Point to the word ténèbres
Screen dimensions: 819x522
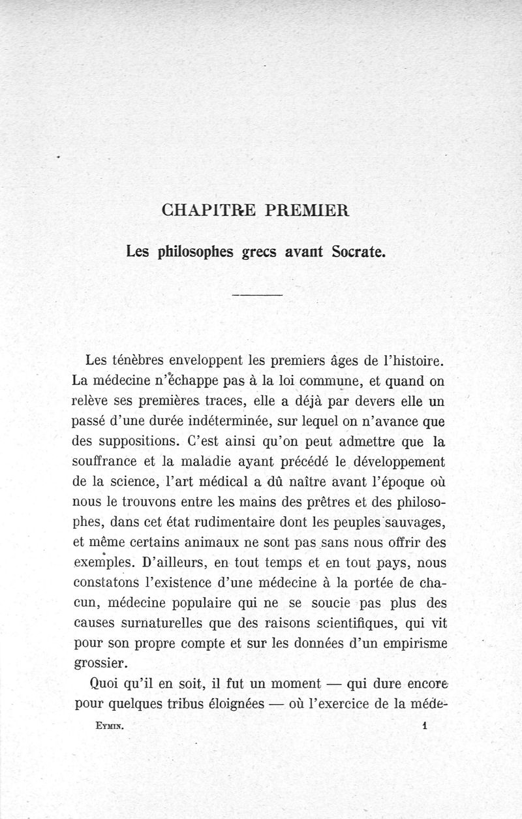point(139,360)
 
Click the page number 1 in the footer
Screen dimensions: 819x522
point(424,724)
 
